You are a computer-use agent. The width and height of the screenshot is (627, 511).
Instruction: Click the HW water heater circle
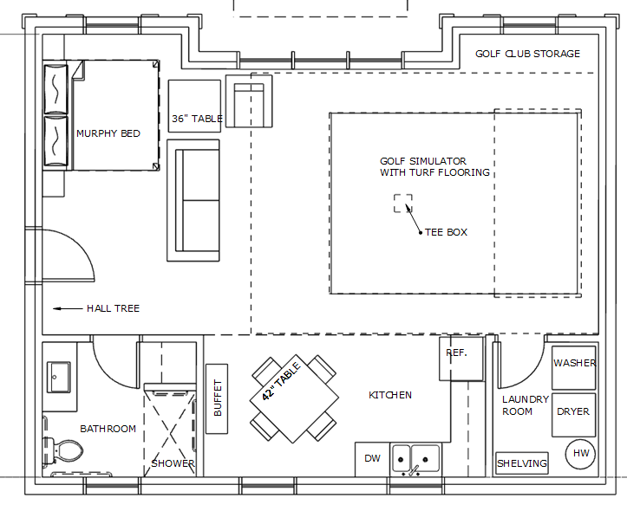580,454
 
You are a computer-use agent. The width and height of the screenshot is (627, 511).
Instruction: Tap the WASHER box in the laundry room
574,368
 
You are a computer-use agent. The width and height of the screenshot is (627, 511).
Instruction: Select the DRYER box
574,415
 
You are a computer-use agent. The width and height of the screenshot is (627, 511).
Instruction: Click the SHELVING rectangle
521,463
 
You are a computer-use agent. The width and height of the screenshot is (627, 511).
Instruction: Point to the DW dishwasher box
372,459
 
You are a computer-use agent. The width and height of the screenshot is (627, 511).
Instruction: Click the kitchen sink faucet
415,470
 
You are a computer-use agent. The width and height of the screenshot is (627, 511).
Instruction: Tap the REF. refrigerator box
461,359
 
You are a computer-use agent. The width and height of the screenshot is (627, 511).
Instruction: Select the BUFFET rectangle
217,398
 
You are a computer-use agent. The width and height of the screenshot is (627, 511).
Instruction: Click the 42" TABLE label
281,381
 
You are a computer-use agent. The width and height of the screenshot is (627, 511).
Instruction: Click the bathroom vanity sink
58,377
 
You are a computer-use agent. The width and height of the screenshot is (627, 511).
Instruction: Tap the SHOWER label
173,463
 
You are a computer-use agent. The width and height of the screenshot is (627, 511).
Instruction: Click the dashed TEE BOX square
403,204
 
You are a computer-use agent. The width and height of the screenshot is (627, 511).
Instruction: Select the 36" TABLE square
194,106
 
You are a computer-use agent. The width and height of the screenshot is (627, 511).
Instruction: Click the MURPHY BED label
108,133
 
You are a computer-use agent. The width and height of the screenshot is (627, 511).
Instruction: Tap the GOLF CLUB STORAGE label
527,54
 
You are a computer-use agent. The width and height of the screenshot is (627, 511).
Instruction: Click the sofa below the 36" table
193,200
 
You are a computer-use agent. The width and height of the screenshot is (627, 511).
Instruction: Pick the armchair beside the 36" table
249,101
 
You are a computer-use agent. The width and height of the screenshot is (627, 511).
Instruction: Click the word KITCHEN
390,395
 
